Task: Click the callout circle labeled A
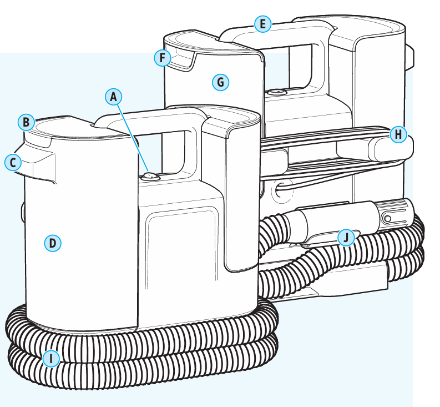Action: [x=114, y=97]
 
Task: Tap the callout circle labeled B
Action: [x=26, y=122]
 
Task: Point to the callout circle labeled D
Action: [x=52, y=243]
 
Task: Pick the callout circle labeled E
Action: [x=262, y=23]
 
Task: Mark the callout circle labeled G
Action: [x=220, y=82]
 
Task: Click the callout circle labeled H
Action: [x=398, y=134]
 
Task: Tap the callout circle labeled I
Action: [x=51, y=359]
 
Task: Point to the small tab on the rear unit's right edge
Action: [x=410, y=58]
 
